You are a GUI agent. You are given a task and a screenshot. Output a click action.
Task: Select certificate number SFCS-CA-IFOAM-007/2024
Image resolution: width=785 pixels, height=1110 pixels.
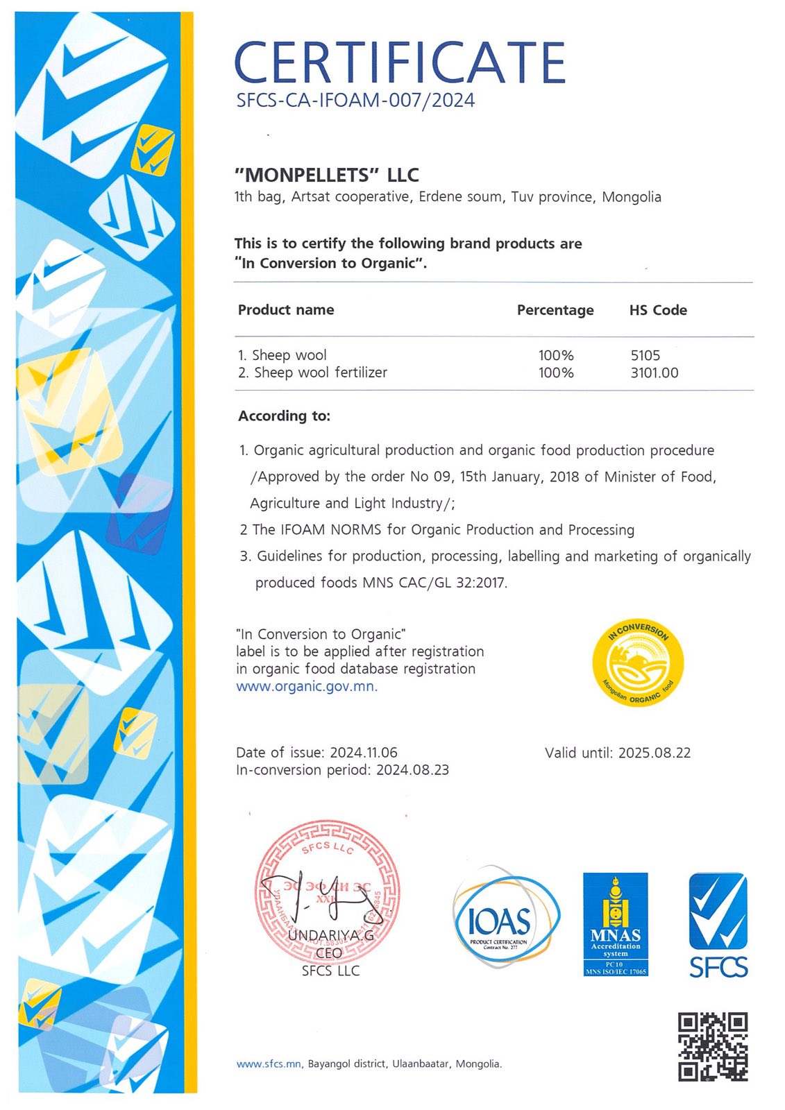[355, 101]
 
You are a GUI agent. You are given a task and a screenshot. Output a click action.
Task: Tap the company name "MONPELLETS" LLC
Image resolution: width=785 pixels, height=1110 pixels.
[327, 175]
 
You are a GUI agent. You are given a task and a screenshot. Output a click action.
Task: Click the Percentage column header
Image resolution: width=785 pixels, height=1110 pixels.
[555, 310]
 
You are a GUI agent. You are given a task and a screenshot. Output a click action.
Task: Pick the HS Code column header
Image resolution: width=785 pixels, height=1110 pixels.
[657, 310]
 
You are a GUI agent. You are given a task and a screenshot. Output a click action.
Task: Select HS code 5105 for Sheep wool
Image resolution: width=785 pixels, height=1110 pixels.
[645, 355]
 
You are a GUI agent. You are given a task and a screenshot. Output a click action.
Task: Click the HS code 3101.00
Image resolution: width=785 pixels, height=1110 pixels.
[654, 373]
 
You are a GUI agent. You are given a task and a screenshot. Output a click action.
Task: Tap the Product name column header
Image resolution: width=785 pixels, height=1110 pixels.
[285, 310]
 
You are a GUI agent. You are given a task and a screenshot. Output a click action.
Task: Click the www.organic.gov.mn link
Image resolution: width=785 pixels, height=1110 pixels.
[305, 686]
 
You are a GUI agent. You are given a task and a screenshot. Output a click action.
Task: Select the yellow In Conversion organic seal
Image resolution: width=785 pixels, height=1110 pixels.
[638, 662]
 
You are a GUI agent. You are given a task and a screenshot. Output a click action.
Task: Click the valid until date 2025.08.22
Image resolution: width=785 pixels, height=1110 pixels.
[654, 753]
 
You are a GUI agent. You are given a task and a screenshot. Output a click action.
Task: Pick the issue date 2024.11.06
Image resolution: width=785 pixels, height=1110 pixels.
[363, 753]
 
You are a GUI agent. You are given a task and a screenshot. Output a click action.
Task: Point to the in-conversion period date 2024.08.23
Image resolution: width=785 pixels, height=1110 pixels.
[412, 770]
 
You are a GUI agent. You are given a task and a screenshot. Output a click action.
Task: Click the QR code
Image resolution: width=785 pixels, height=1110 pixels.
[712, 1046]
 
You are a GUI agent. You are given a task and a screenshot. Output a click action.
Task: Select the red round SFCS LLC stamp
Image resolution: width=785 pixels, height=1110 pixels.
[327, 891]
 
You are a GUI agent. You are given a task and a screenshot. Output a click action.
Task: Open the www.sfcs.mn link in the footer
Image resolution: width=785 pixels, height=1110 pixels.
[269, 1064]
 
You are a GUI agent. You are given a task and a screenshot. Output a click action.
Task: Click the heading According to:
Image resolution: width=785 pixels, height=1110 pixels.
[284, 416]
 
